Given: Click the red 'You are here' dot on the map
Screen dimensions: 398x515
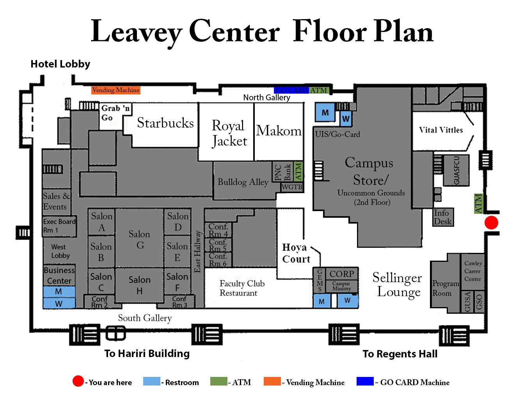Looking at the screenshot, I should coord(491,222).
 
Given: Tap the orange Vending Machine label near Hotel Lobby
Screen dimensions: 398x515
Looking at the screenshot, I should coord(115,90).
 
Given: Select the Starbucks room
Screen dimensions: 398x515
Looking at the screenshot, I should coord(165,124).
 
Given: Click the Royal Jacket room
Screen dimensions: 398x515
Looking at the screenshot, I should coord(227,133).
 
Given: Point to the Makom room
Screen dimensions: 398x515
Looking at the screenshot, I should coord(279,131).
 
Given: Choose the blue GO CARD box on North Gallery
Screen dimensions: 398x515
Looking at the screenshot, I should coord(291,90).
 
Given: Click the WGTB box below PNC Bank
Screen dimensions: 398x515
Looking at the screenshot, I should coord(292,187).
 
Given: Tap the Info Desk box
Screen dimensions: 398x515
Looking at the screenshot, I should coord(443,217).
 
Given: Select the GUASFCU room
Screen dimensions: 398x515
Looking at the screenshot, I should coord(456,170).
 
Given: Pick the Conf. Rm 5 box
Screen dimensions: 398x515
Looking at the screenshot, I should coord(218,245).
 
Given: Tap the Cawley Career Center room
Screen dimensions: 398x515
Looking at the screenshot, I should coord(473,271).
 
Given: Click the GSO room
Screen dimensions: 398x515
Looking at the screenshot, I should coord(479,302).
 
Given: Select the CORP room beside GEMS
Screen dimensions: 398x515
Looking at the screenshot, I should coord(341,274).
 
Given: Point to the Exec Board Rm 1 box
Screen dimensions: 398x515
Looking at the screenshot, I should coord(59,226).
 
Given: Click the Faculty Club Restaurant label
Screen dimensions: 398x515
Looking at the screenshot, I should coord(242,288).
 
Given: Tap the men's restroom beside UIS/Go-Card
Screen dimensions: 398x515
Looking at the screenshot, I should coord(325,113).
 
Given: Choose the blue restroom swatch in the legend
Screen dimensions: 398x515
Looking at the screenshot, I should coord(151,382).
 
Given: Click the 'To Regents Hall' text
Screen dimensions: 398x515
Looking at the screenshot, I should coord(400,354).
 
